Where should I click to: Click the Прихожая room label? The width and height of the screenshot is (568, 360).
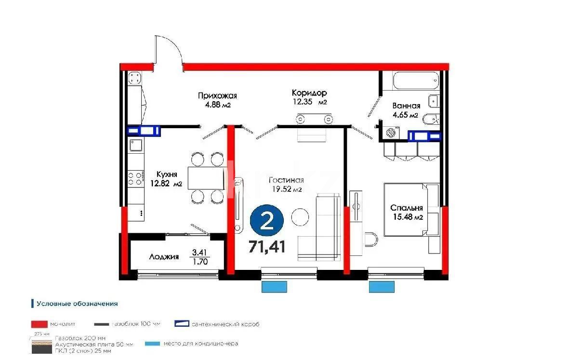coord(217,96)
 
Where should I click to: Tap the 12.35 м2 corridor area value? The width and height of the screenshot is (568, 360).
coord(310,102)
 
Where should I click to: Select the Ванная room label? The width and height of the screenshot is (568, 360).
coord(406,106)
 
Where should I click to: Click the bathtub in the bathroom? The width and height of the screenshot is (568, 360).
coord(416,80)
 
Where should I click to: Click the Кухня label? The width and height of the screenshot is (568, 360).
coord(167,174)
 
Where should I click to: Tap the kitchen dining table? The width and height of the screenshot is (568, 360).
coord(206,178)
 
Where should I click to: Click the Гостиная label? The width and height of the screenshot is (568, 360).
coord(286,180)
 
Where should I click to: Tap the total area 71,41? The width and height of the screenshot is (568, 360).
coord(267,247)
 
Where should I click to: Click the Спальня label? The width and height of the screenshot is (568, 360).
coord(407,208)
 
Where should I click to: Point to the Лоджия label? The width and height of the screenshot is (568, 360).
coord(163,257)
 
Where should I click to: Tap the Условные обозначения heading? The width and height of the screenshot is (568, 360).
coord(78,304)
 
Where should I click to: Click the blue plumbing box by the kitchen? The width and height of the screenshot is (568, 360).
coord(143,130)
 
